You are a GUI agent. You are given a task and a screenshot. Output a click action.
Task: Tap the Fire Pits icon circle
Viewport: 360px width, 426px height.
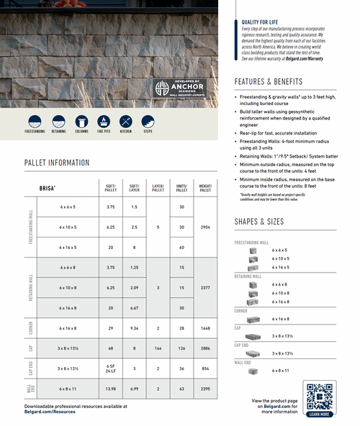103,121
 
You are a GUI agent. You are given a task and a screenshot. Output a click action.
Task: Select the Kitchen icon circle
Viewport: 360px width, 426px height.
126,121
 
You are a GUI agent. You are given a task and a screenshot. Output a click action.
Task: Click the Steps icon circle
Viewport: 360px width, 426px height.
148,121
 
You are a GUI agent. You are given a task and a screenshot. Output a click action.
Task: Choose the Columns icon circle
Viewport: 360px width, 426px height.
81,121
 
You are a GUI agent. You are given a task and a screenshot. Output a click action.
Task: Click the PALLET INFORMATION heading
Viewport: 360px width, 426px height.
57,163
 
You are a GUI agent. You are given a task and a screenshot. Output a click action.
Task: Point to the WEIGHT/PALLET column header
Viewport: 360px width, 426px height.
205,188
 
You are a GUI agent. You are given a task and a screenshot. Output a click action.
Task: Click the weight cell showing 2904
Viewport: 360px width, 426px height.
205,227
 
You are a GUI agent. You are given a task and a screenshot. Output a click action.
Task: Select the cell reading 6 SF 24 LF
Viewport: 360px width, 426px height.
111,368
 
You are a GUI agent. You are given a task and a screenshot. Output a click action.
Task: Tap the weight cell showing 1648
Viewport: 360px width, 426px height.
205,328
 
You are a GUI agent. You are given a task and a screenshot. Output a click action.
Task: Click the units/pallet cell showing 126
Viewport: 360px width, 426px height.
181,348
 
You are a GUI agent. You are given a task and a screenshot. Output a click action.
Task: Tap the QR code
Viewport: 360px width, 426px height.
320,396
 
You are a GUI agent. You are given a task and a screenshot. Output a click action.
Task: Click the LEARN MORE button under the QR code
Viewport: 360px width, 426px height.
320,414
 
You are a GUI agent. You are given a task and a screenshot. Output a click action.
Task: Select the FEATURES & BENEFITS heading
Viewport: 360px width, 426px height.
269,81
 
